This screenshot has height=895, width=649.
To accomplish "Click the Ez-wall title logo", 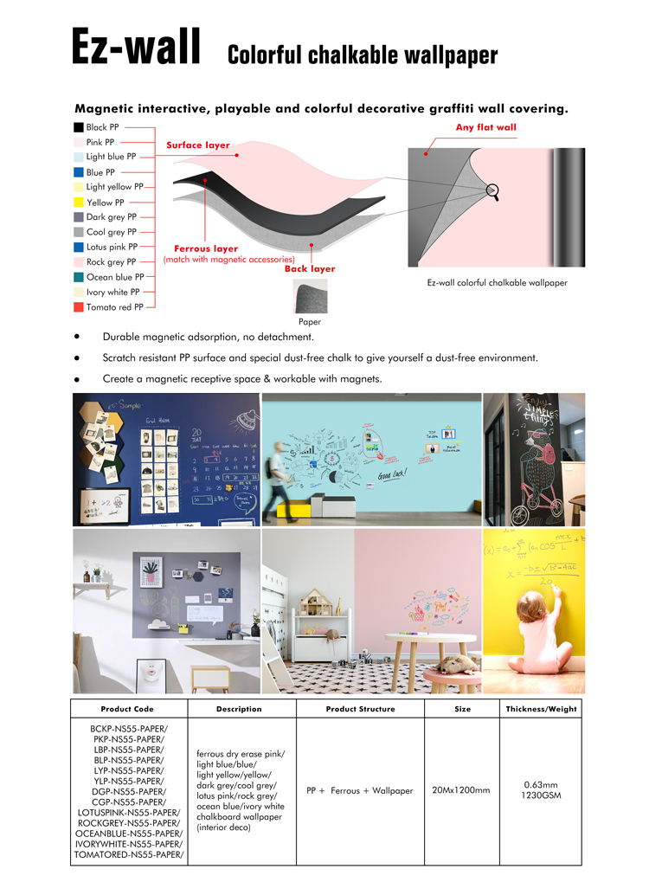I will (x=136, y=47).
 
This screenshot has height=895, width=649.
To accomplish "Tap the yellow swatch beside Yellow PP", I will (x=78, y=203).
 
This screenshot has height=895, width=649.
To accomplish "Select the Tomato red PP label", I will (x=114, y=307).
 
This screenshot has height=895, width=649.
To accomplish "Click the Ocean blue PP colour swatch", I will (x=78, y=277).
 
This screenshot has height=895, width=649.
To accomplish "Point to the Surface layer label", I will (x=198, y=145).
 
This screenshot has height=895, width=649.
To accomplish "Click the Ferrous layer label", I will (x=206, y=248).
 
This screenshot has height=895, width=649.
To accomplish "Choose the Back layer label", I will (x=310, y=269).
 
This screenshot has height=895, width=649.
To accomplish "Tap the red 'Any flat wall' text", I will (x=485, y=127).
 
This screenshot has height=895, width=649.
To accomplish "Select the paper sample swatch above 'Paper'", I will (x=310, y=296).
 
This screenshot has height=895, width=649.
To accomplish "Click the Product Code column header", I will (x=127, y=709).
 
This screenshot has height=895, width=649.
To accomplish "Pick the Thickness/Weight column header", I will (x=541, y=709).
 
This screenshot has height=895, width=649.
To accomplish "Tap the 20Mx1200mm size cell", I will (x=460, y=790).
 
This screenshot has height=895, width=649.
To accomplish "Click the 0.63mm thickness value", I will (x=541, y=785).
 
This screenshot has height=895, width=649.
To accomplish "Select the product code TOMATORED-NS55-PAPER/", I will (x=128, y=854).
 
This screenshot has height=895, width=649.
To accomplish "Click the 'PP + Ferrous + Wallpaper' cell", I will (x=360, y=790).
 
